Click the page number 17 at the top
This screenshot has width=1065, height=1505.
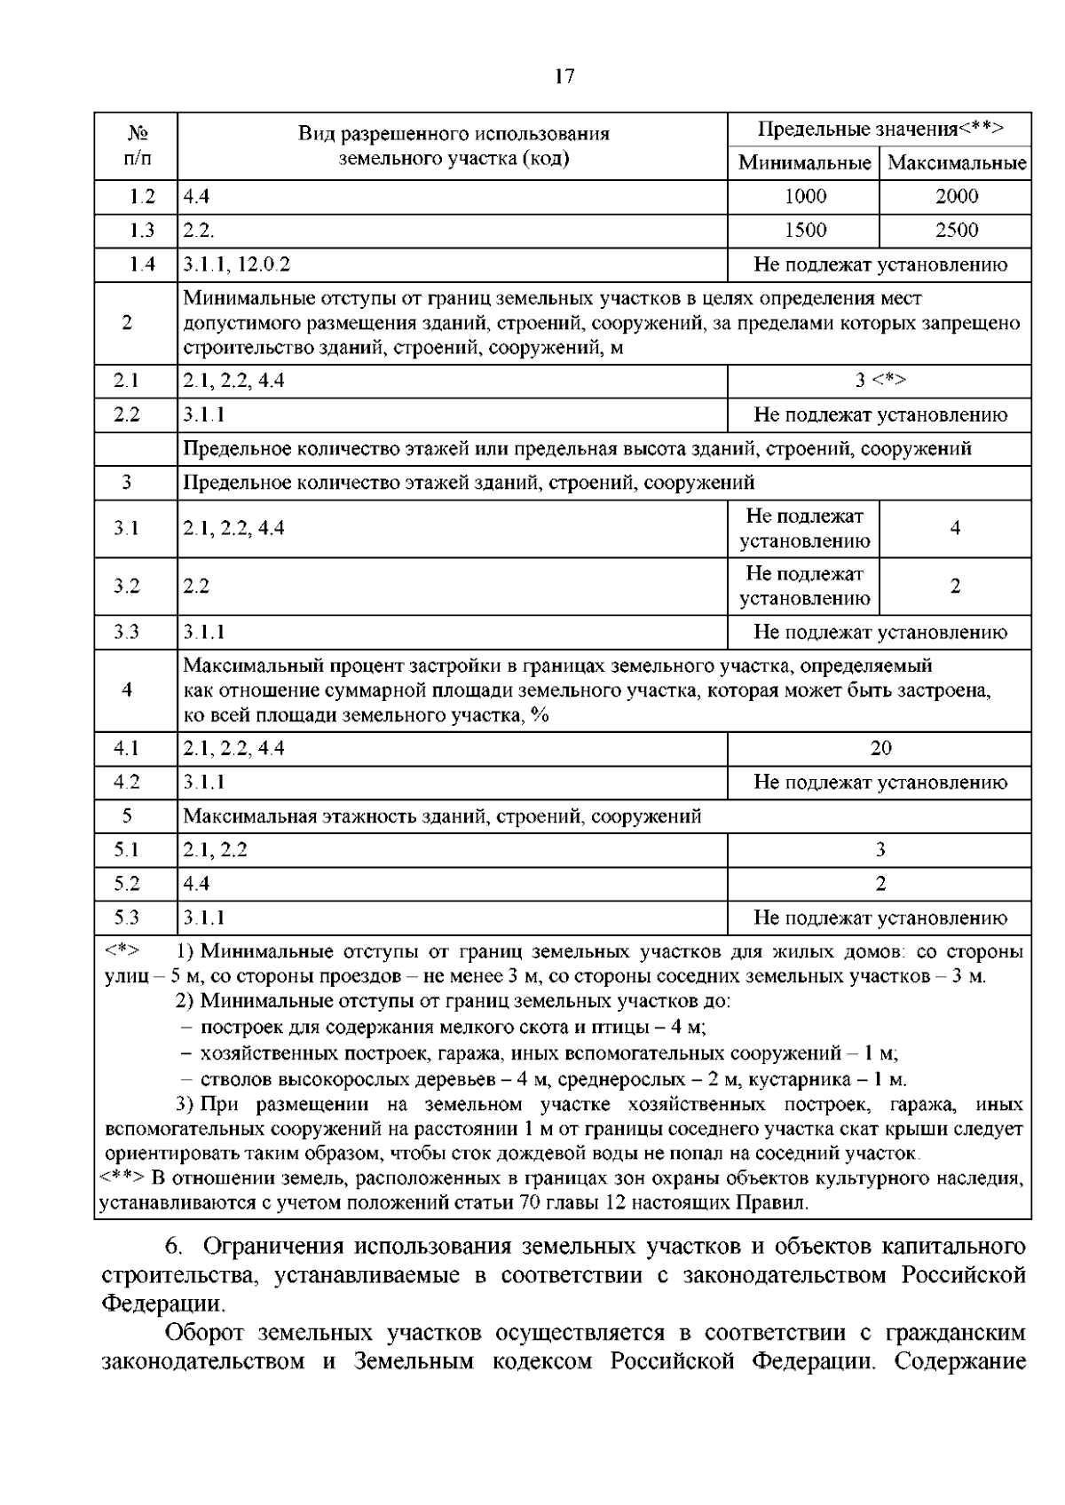(x=564, y=76)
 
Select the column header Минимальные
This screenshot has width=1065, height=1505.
(x=804, y=163)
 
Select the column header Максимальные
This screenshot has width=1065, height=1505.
(x=957, y=163)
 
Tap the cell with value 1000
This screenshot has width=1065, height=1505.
(x=805, y=197)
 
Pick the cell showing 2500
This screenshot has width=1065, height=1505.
(x=956, y=231)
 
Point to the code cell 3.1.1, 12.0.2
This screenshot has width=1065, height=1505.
(x=237, y=264)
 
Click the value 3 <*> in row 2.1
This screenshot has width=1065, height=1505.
(x=880, y=382)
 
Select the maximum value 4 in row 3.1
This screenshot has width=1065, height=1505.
(x=955, y=529)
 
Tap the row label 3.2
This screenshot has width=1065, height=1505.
(x=127, y=587)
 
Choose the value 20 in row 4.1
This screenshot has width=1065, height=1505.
(x=880, y=748)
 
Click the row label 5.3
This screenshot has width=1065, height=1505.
(x=127, y=918)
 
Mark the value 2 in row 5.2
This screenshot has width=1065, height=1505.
(x=880, y=884)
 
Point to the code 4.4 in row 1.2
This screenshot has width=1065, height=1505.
(x=197, y=197)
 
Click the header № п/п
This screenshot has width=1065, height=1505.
(x=137, y=146)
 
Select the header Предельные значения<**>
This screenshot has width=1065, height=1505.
(x=880, y=130)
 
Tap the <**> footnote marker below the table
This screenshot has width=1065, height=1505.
(x=121, y=1179)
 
